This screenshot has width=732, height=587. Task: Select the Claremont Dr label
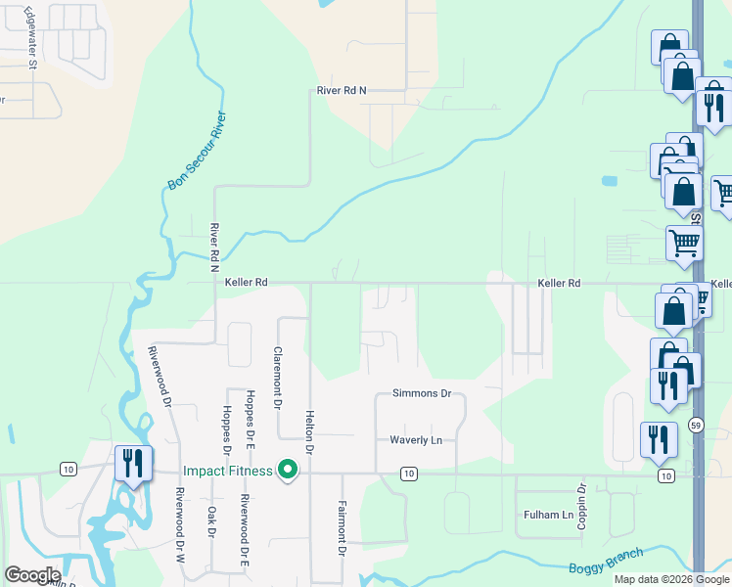click(x=278, y=377)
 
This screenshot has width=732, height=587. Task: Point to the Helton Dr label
click(x=309, y=432)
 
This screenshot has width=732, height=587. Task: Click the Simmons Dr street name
click(x=421, y=394)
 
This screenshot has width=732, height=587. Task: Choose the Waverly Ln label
click(x=416, y=440)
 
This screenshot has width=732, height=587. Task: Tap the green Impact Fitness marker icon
click(x=288, y=471)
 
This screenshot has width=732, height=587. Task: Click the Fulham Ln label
click(x=548, y=515)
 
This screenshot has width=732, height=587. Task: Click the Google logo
click(x=32, y=575)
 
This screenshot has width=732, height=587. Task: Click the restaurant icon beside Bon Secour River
click(x=132, y=463)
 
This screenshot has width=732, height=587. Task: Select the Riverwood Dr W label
click(x=180, y=523)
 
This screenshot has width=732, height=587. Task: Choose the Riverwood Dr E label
click(x=244, y=531)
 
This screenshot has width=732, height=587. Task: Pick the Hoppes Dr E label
click(x=251, y=419)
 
